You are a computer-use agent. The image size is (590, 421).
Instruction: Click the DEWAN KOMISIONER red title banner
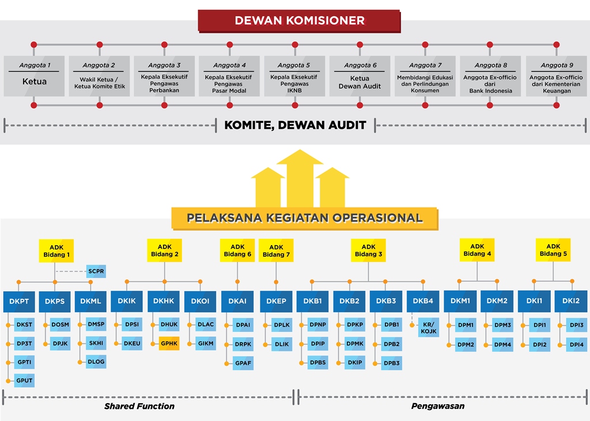click(x=299, y=21)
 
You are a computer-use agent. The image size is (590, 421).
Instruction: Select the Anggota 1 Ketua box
click(x=35, y=76)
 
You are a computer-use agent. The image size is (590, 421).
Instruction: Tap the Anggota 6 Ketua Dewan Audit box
click(x=360, y=76)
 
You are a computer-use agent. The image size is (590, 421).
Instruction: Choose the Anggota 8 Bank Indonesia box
click(x=490, y=76)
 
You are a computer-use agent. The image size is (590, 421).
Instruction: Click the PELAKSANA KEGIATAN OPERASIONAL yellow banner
click(x=304, y=218)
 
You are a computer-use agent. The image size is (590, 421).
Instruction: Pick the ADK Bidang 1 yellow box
click(x=56, y=251)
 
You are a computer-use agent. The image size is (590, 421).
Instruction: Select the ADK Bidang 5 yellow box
click(x=553, y=250)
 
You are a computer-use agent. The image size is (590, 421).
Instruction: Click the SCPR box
click(x=96, y=270)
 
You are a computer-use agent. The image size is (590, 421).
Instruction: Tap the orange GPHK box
click(x=169, y=344)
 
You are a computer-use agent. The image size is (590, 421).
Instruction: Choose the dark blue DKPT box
click(x=20, y=301)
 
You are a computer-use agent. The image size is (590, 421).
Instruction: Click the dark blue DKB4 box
click(x=423, y=301)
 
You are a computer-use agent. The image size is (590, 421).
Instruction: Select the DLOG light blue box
click(x=96, y=362)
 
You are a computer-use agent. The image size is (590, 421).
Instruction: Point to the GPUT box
click(x=24, y=381)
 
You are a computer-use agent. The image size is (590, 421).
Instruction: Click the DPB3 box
click(x=392, y=363)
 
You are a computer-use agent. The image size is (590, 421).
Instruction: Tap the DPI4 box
click(x=577, y=345)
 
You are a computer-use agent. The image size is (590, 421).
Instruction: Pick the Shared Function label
click(x=139, y=406)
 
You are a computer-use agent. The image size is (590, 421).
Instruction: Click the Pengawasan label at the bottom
click(x=438, y=406)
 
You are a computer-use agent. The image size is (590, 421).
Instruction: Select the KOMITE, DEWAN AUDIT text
click(x=295, y=125)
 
